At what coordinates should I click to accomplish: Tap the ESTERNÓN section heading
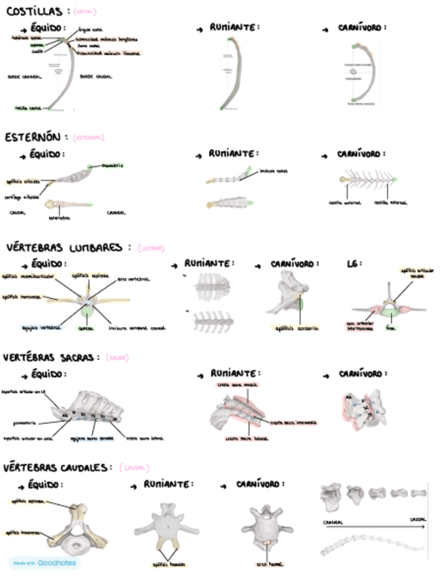pos(35,137)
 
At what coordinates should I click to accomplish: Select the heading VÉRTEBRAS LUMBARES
pos(64,247)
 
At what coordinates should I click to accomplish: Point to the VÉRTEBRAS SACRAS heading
pos(50,357)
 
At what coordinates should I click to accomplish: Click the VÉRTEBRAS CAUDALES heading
pos(56,468)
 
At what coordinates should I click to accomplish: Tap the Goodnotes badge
pos(44,563)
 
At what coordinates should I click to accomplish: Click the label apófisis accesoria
pos(296,328)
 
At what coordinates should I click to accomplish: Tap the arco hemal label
pos(270,564)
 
